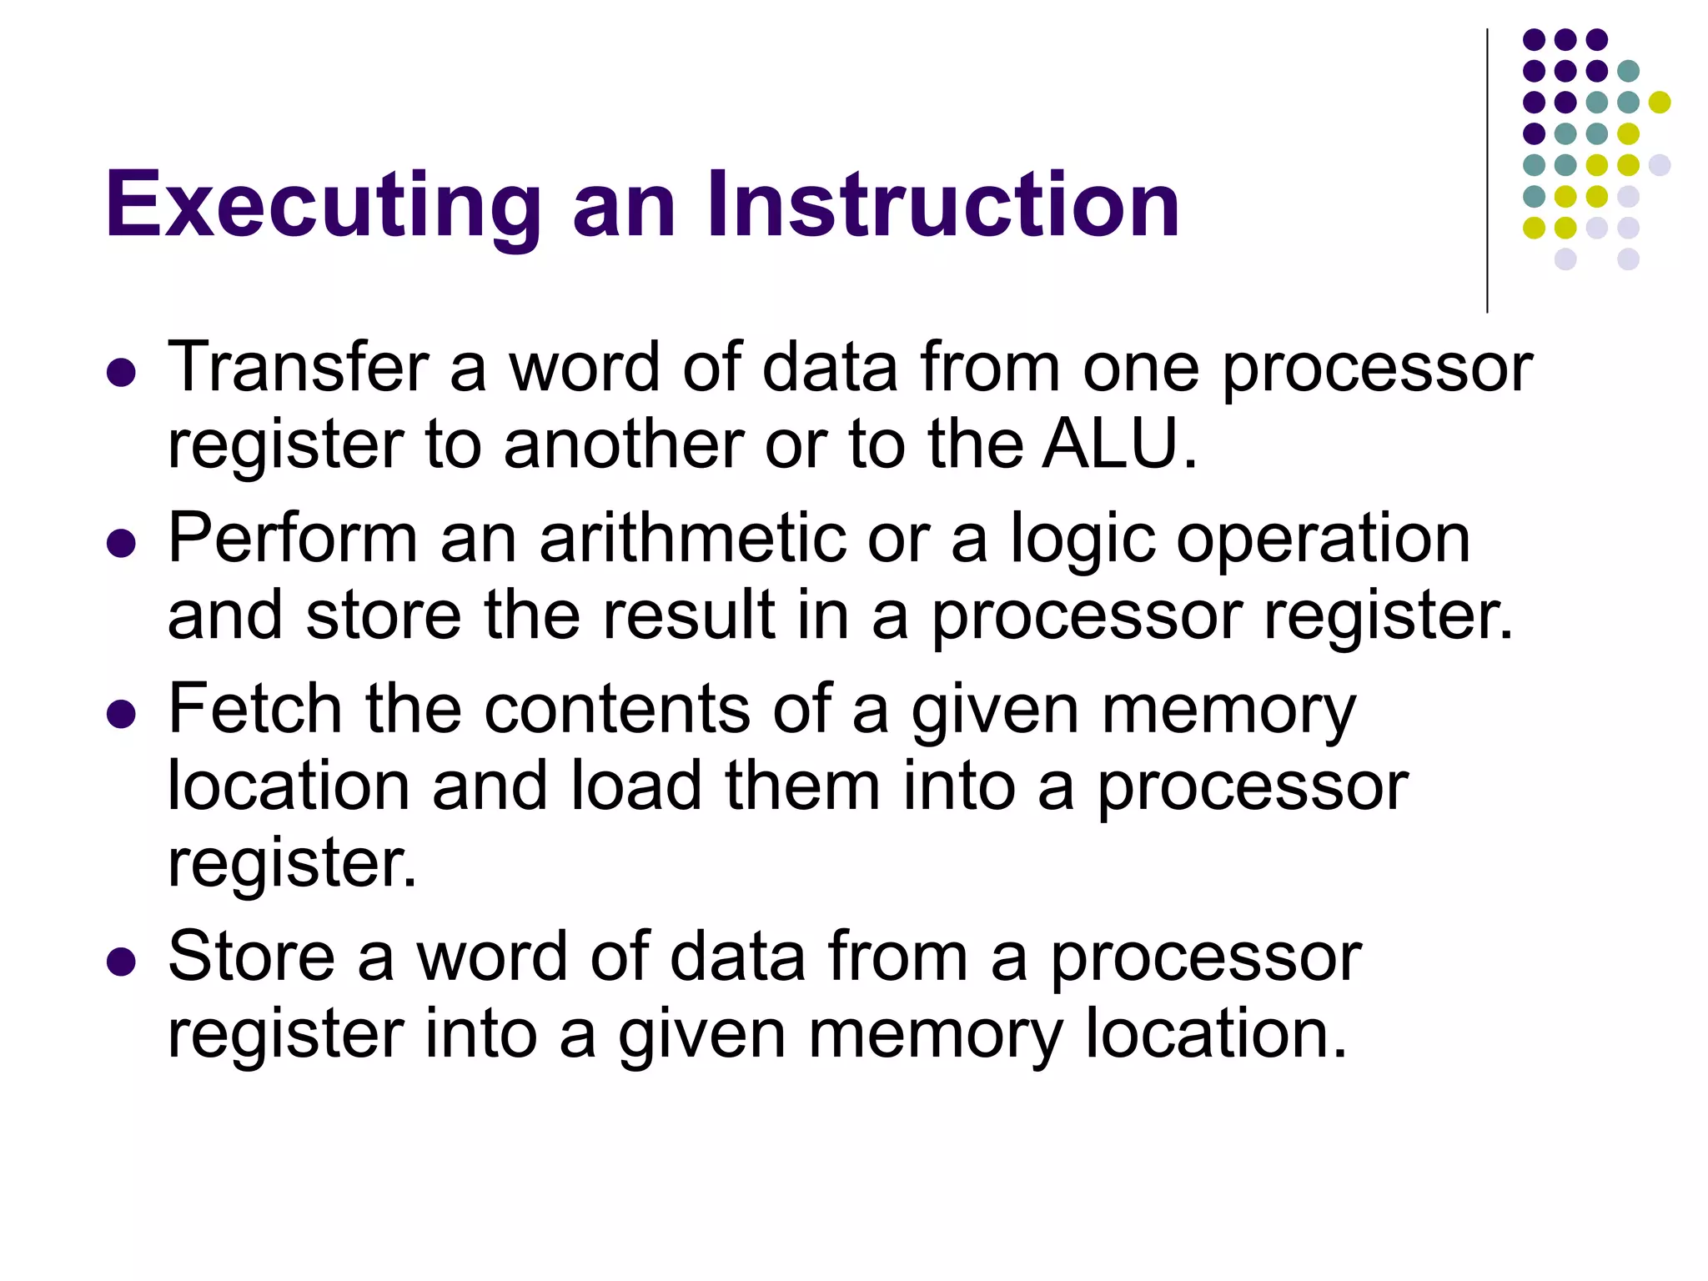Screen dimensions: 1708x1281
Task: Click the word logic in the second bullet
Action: (1083, 540)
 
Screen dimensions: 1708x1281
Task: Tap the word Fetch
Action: (255, 709)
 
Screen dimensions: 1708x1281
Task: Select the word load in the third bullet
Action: (636, 786)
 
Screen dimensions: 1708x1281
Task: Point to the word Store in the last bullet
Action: (251, 956)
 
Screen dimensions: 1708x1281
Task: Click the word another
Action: (623, 444)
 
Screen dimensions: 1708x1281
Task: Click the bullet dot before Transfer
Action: (122, 373)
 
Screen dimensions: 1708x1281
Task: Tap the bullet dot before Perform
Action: (122, 544)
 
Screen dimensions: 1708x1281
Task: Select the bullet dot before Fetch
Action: (122, 714)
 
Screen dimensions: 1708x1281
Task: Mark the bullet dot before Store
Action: (122, 961)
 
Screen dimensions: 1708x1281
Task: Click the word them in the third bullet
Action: (802, 786)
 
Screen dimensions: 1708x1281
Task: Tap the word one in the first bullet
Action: (1141, 369)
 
